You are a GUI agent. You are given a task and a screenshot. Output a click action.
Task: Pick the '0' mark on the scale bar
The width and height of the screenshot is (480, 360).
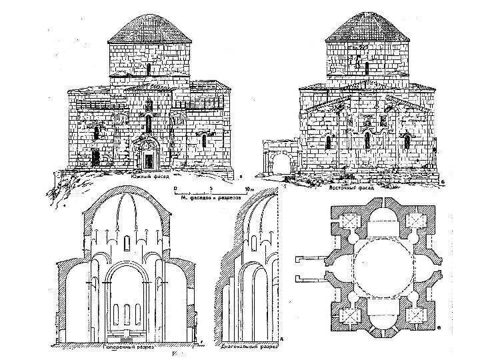[175, 189]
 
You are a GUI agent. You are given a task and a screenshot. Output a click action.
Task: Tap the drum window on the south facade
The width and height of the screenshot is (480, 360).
[148, 69]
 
